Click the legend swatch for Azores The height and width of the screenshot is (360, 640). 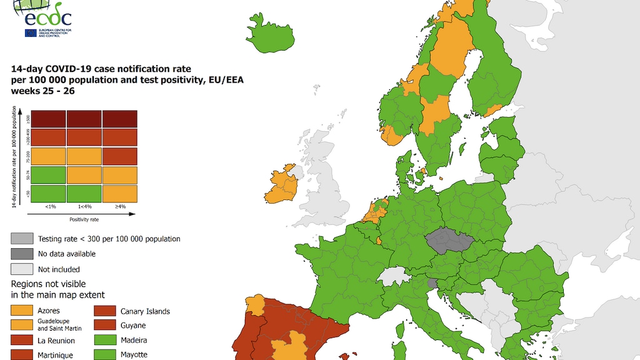click(22, 310)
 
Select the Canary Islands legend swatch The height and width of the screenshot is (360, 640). click(105, 311)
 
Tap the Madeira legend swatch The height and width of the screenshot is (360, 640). click(105, 340)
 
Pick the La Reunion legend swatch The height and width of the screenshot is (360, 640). click(22, 340)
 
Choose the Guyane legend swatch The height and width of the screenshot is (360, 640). click(105, 325)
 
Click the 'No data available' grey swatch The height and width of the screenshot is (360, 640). click(22, 254)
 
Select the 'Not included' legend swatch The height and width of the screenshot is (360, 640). click(22, 269)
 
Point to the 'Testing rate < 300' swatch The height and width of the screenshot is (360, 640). click(22, 239)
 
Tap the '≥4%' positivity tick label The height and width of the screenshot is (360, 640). click(120, 206)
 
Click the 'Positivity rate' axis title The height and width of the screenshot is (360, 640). click(84, 219)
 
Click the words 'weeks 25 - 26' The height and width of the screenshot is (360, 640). click(42, 91)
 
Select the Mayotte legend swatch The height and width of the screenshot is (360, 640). click(105, 354)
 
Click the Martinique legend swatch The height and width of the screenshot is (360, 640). click(22, 354)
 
